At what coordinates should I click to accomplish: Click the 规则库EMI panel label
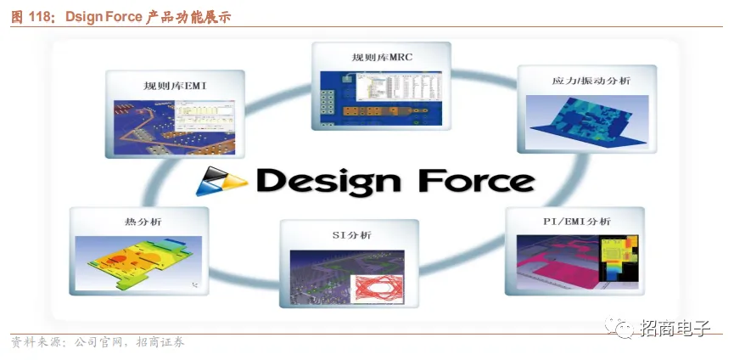176,86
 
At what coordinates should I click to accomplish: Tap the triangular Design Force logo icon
221,180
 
